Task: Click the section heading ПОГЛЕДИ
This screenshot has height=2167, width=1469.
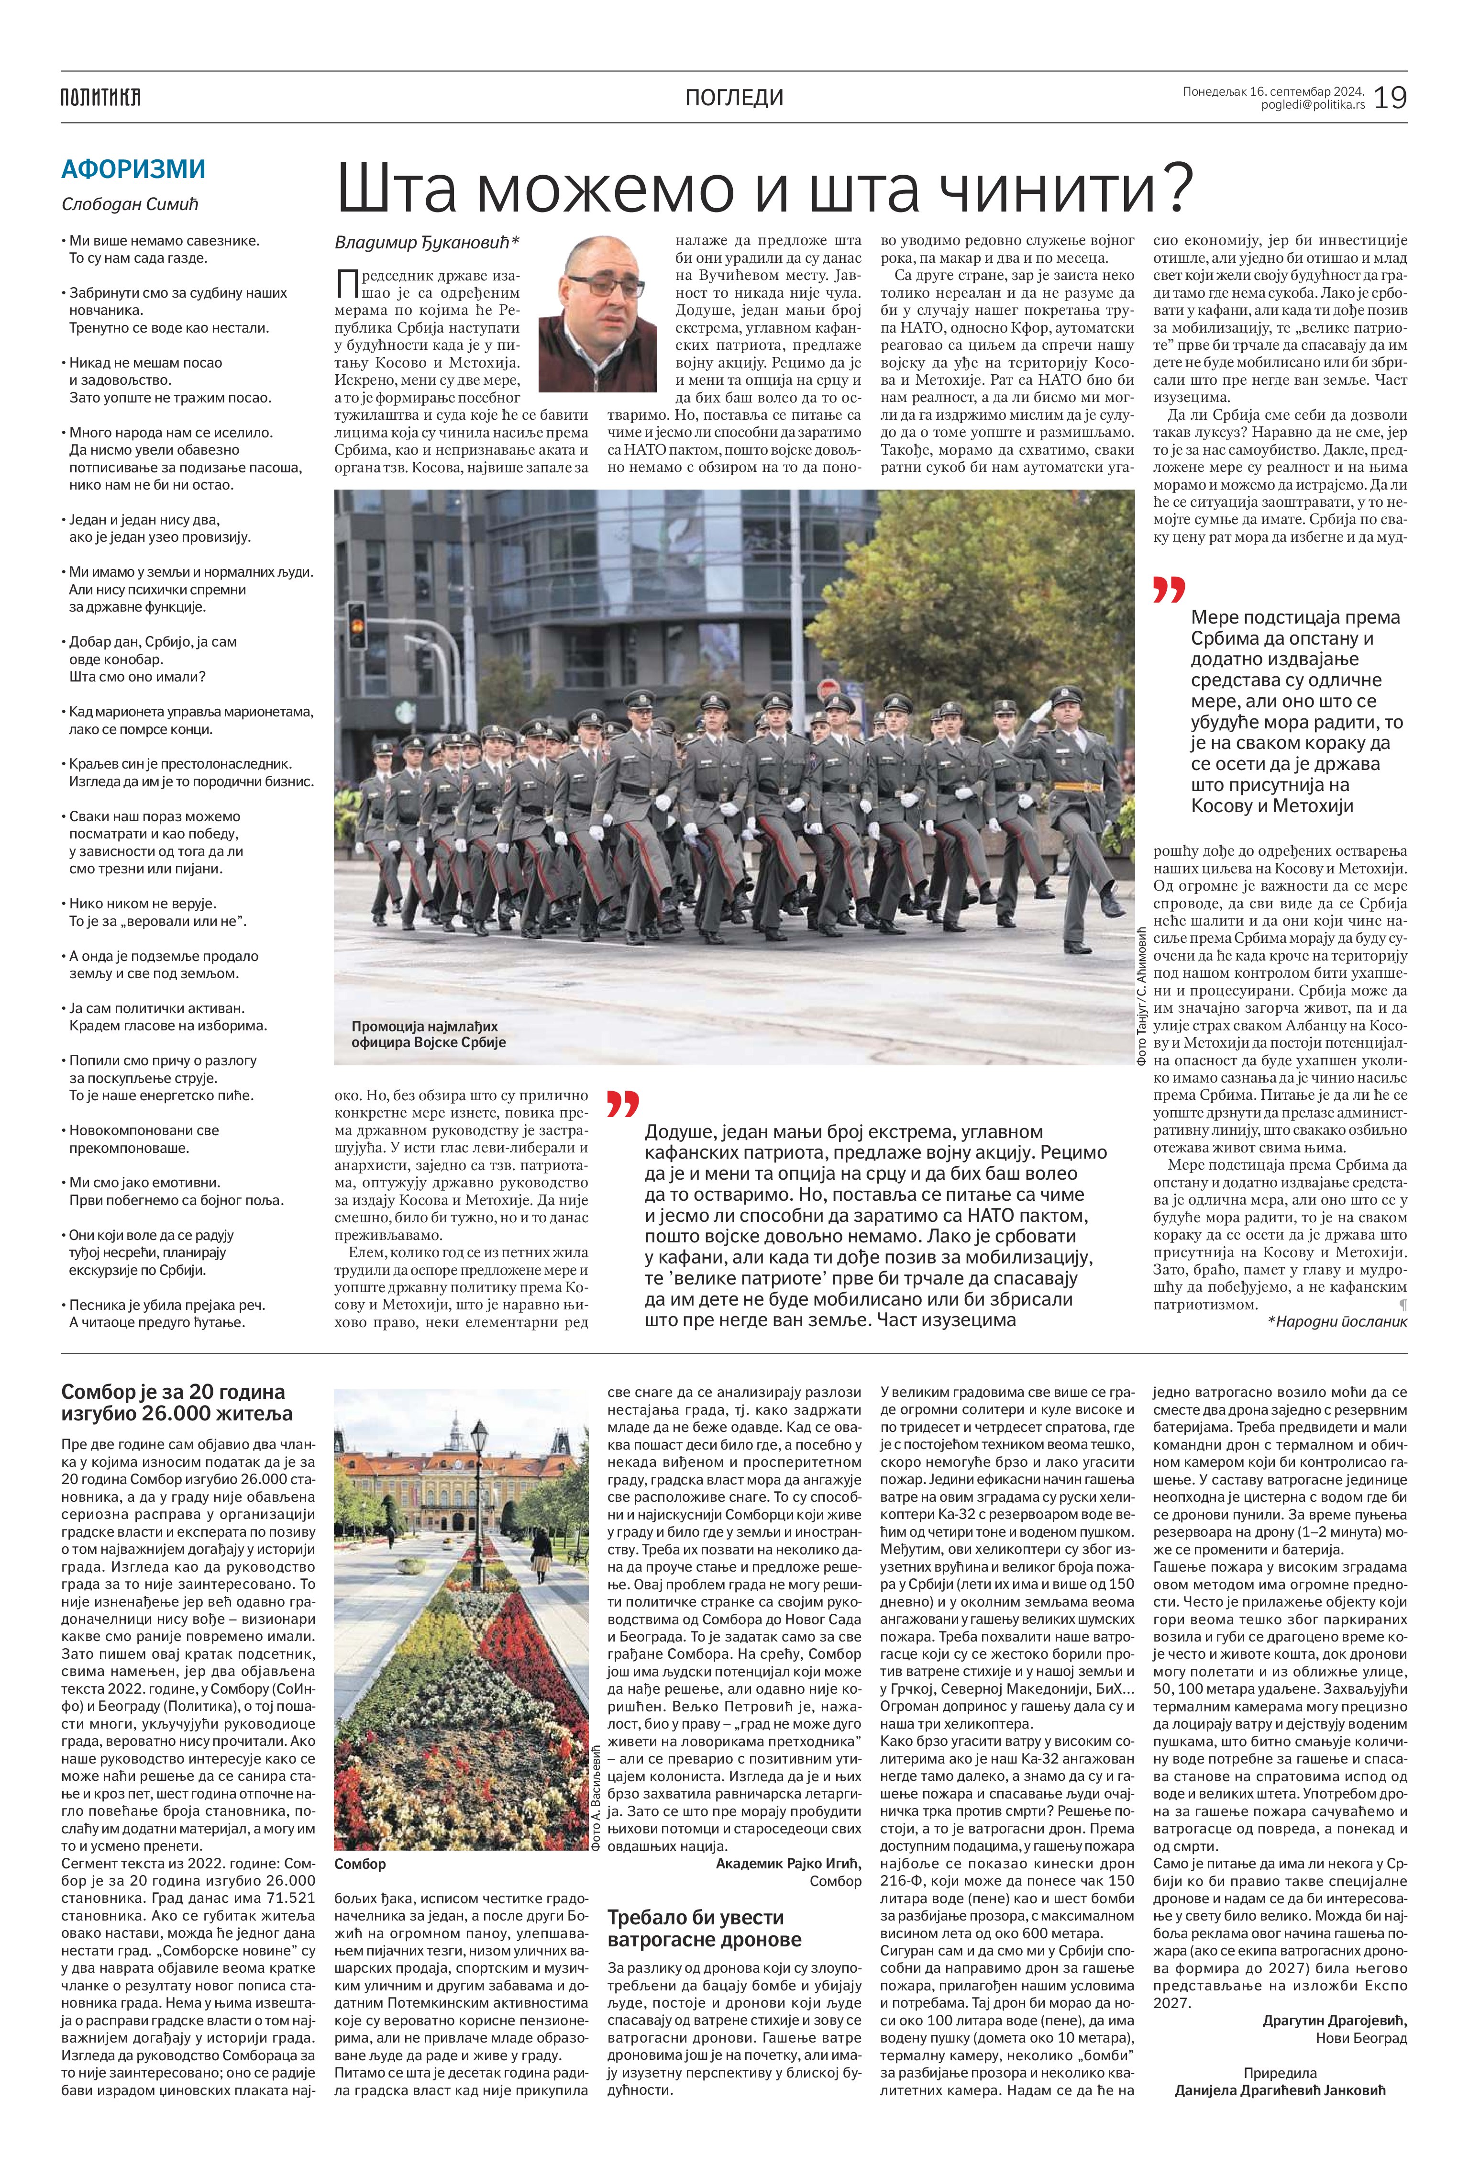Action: click(734, 97)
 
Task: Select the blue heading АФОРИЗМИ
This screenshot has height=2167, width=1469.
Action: click(133, 170)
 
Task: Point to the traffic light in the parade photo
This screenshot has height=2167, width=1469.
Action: click(356, 625)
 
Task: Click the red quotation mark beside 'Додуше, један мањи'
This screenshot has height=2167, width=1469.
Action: click(623, 1103)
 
